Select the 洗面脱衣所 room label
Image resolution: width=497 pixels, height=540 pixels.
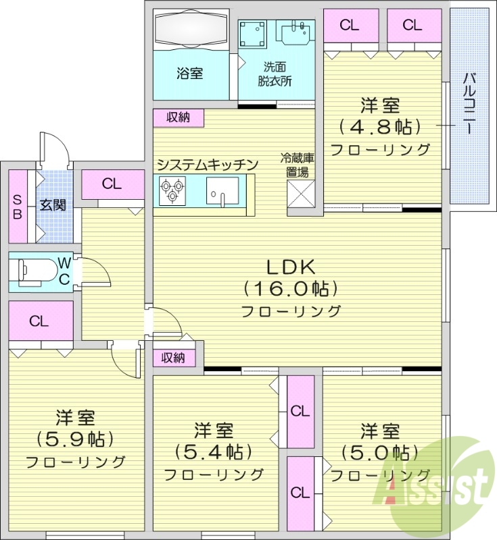tap(275, 74)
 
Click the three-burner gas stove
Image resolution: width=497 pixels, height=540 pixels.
tap(172, 190)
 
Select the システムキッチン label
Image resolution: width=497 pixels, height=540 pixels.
tap(207, 164)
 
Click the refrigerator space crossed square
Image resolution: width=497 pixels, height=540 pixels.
tap(300, 196)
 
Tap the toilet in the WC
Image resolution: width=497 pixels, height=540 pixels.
tap(37, 271)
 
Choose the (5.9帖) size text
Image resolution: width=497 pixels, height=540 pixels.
tap(75, 439)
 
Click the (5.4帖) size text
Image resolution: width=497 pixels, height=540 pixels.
tap(214, 451)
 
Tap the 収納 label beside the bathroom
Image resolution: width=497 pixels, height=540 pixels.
tap(179, 117)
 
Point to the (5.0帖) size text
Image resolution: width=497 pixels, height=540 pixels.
tap(379, 451)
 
